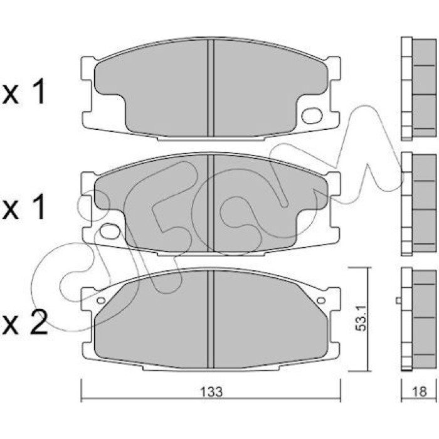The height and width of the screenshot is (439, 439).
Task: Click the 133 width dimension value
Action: pos(212,392)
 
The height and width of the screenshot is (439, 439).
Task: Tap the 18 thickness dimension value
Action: pos(419,392)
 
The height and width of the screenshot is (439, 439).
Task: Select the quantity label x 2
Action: pos(24,324)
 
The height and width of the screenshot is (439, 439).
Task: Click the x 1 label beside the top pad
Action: pos(24,92)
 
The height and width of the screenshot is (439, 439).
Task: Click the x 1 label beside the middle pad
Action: pos(24,207)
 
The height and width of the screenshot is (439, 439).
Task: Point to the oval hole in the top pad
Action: pos(312,115)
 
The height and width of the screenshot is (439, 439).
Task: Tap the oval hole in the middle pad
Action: pos(110,231)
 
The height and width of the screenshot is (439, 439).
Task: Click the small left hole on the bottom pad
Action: pos(101,300)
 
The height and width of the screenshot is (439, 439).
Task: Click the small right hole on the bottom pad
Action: pos(321,300)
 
